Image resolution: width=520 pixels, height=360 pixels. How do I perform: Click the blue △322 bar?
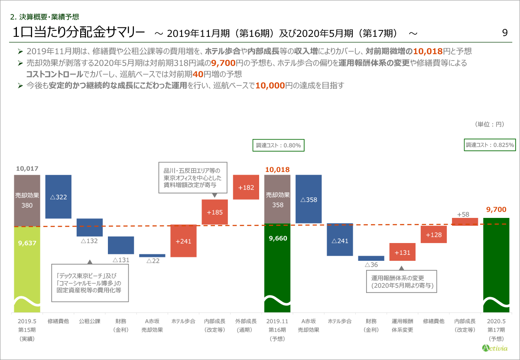(58, 197)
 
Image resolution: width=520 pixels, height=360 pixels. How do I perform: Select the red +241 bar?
(183, 241)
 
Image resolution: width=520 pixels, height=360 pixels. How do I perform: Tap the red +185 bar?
(214, 212)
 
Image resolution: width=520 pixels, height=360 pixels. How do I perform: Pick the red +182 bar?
(246, 187)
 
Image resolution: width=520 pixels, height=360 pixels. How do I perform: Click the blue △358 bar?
(308, 199)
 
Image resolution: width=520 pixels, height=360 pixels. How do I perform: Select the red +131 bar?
(402, 252)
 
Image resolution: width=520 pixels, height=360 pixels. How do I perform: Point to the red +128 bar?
(433, 234)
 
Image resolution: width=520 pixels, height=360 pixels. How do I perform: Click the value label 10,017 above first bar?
(27, 168)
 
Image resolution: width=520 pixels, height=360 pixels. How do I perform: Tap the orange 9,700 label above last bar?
(496, 210)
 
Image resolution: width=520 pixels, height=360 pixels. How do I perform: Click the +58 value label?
(463, 214)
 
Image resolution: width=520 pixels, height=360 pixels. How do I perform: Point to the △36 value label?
(371, 264)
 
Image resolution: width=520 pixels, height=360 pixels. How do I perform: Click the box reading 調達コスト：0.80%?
(278, 145)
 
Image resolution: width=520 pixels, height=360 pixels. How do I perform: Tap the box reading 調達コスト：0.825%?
(490, 145)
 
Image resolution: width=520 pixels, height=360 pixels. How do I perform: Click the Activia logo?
(496, 347)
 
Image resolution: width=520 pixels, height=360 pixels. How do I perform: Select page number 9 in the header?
(505, 33)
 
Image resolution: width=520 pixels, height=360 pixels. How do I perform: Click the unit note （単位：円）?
(490, 124)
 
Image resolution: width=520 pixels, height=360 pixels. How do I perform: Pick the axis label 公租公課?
(89, 321)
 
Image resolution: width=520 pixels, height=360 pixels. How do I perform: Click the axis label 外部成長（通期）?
(246, 325)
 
